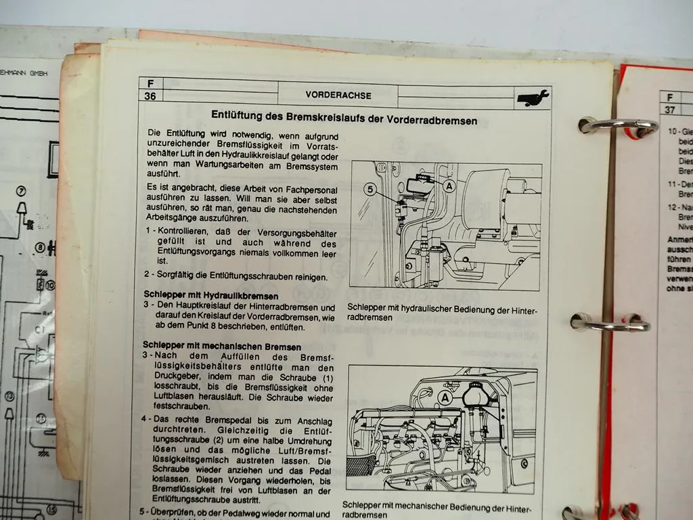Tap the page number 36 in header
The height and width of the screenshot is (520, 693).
(x=150, y=96)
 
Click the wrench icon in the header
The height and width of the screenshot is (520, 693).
(x=533, y=99)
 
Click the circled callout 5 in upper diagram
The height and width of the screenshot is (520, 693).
(x=370, y=190)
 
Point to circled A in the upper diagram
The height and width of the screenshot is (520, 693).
(x=449, y=183)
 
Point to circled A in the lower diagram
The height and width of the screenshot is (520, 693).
(x=445, y=399)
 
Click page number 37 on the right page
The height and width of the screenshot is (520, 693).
(x=669, y=110)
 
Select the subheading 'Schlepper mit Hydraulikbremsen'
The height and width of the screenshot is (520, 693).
(x=210, y=296)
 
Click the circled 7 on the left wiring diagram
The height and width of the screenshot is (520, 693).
(x=21, y=191)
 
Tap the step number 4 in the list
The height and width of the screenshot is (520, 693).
(x=145, y=419)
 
